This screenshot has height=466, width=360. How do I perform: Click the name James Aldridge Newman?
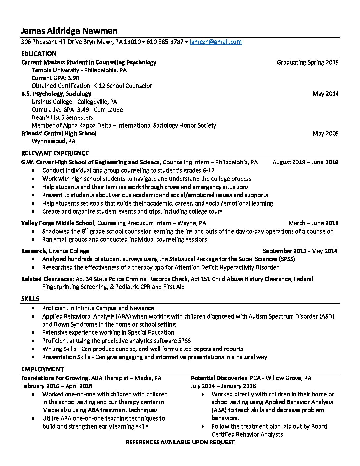point(69,31)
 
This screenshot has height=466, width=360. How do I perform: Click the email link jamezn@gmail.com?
point(215,42)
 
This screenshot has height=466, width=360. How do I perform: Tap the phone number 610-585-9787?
point(165,42)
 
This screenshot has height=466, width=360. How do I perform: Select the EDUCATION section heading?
point(39,54)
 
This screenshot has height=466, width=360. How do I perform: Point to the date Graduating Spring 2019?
point(307,62)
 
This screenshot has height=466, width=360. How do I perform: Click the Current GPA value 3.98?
point(73,78)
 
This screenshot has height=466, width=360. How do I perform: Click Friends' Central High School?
point(59,133)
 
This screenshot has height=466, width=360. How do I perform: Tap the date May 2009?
point(325,133)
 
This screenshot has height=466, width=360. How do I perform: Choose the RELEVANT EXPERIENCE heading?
point(55,153)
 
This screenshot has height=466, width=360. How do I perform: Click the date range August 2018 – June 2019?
point(305,162)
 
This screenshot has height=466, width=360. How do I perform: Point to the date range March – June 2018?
point(313,223)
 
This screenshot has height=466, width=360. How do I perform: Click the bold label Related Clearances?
point(47,279)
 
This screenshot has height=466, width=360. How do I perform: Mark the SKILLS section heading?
point(30,299)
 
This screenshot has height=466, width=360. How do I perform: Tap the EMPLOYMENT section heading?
point(42,369)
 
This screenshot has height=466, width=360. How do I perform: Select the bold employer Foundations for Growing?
point(55,378)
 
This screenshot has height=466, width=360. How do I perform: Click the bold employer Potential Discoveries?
point(219,378)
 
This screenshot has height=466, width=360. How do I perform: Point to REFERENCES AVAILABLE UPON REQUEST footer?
point(180,442)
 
